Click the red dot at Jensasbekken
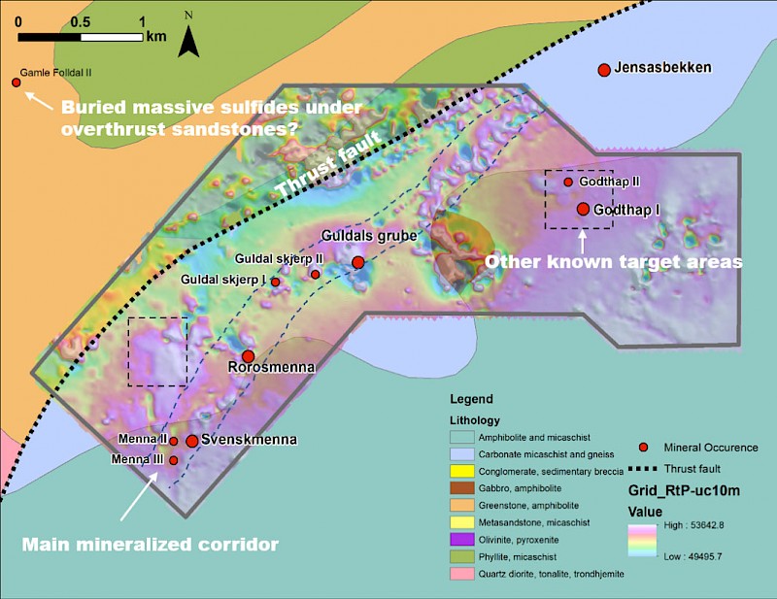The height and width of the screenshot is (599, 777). click(603, 70)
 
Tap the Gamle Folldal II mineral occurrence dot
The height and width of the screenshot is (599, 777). click(17, 83)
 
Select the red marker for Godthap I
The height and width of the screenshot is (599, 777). click(584, 209)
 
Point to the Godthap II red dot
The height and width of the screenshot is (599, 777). click(568, 183)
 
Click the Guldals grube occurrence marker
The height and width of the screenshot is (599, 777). click(358, 262)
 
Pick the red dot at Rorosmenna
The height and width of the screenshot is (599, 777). click(249, 356)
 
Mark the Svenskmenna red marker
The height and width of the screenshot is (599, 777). click(191, 441)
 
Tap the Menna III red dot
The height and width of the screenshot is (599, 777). click(174, 460)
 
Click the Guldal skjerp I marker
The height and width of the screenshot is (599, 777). click(275, 282)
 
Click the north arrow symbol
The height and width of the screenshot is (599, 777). click(188, 40)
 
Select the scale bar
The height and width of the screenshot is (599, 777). click(81, 37)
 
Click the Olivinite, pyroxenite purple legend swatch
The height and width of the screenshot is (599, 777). click(462, 540)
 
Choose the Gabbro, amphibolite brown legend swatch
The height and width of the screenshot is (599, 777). click(462, 488)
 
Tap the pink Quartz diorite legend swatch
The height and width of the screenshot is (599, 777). click(462, 574)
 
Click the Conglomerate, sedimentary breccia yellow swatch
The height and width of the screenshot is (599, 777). click(462, 471)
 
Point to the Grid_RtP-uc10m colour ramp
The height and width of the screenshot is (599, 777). click(643, 541)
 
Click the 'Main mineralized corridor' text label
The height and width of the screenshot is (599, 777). click(151, 545)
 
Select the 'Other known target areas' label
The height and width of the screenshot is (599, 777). click(614, 261)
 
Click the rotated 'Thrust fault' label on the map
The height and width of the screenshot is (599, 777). click(328, 163)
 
